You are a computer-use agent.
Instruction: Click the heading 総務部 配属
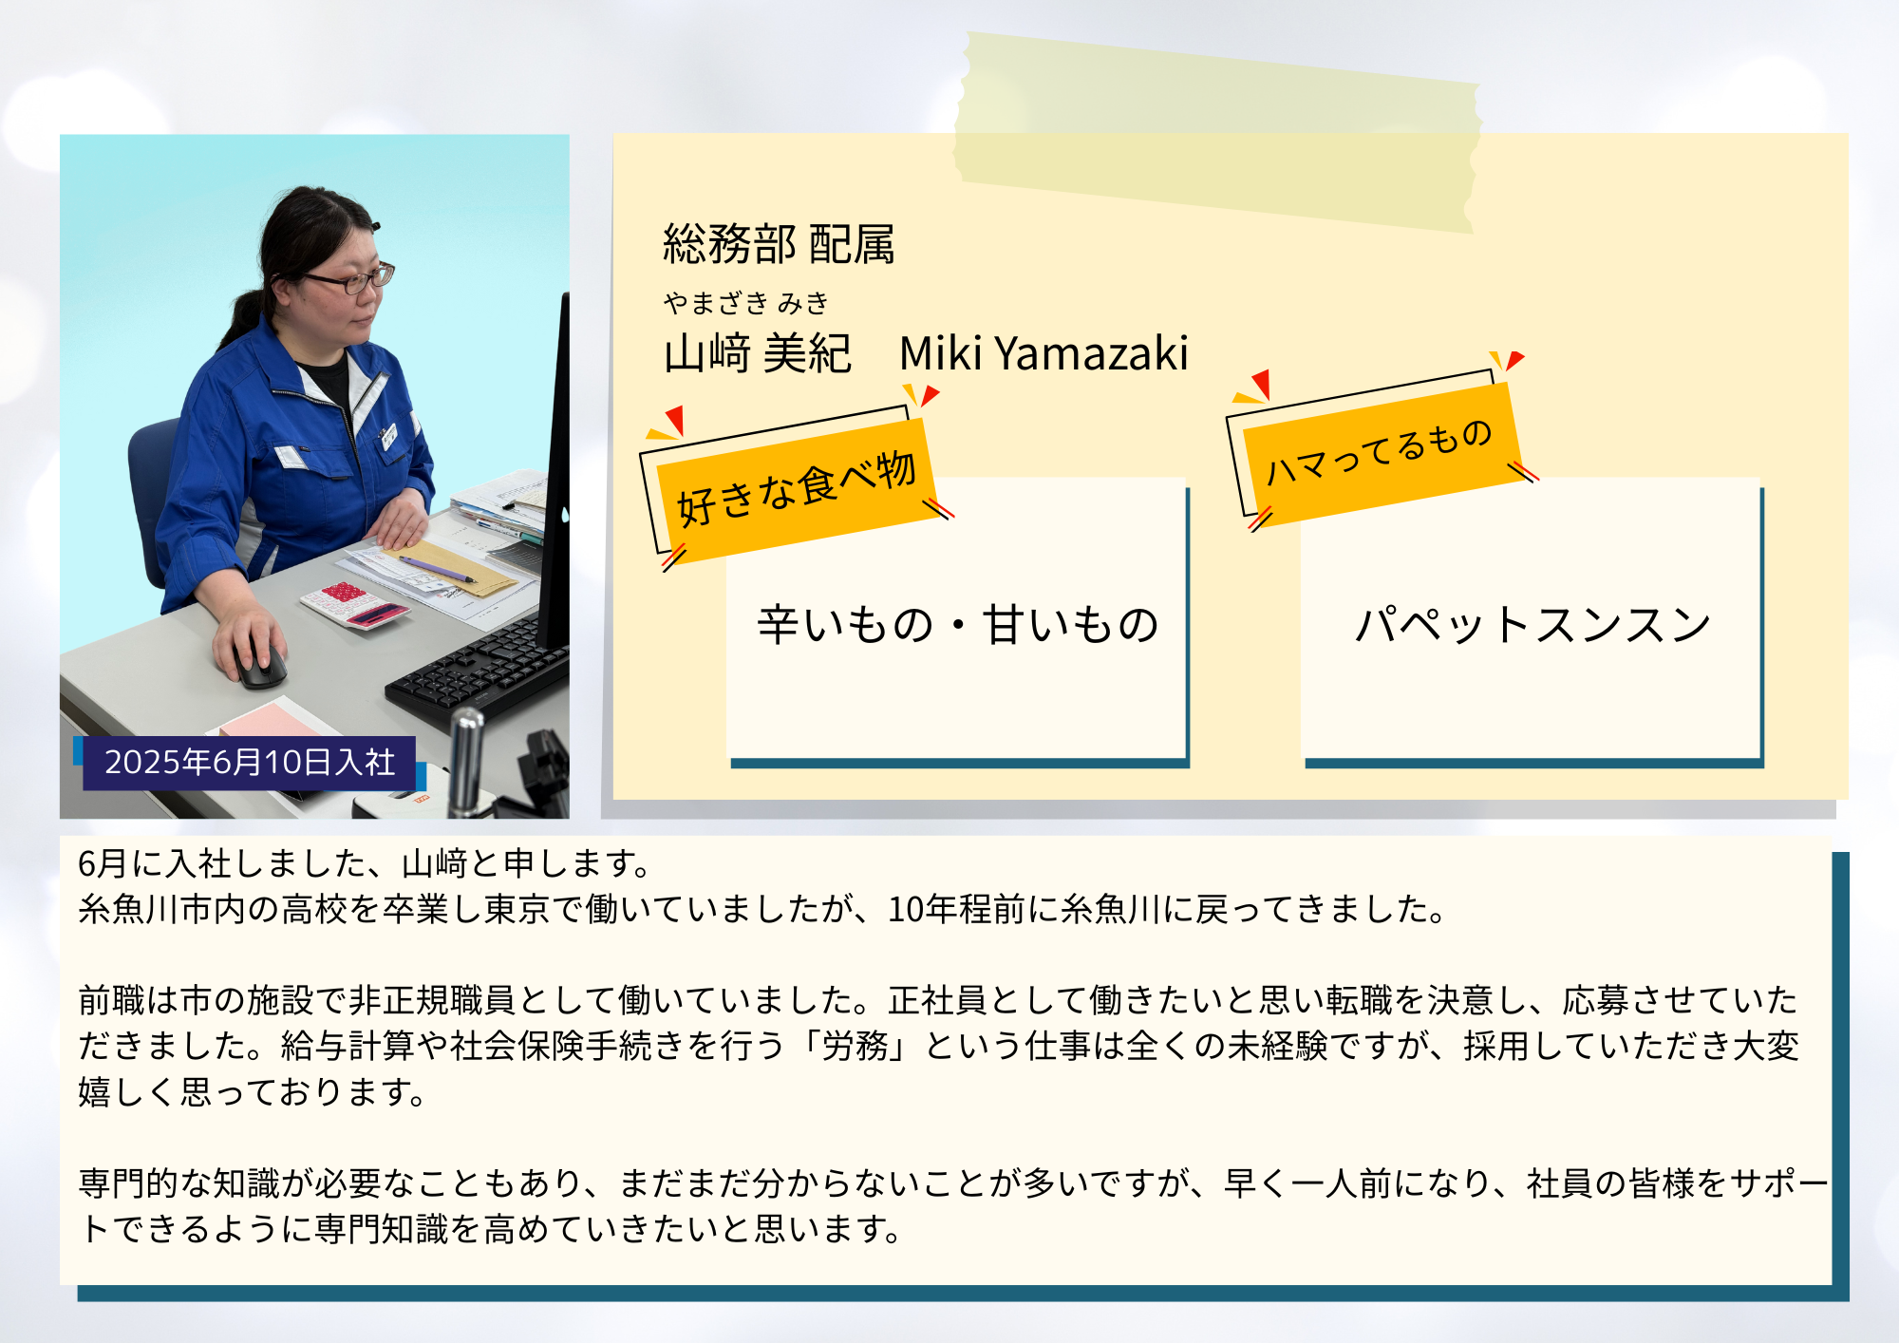click(779, 244)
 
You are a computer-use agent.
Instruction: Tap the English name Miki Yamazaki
click(1044, 353)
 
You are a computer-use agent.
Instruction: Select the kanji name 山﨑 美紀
click(757, 353)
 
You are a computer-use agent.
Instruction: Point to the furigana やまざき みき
click(746, 303)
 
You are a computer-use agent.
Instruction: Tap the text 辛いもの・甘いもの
click(957, 625)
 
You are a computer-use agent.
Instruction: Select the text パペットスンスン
click(1532, 625)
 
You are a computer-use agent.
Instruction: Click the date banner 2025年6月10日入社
click(250, 762)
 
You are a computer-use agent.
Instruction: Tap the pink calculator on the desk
click(354, 604)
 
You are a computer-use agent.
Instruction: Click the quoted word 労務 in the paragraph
click(855, 1046)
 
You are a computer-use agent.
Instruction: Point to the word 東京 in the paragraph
click(517, 909)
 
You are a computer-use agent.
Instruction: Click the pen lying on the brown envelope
click(439, 568)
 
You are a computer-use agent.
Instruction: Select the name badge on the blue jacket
click(388, 436)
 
